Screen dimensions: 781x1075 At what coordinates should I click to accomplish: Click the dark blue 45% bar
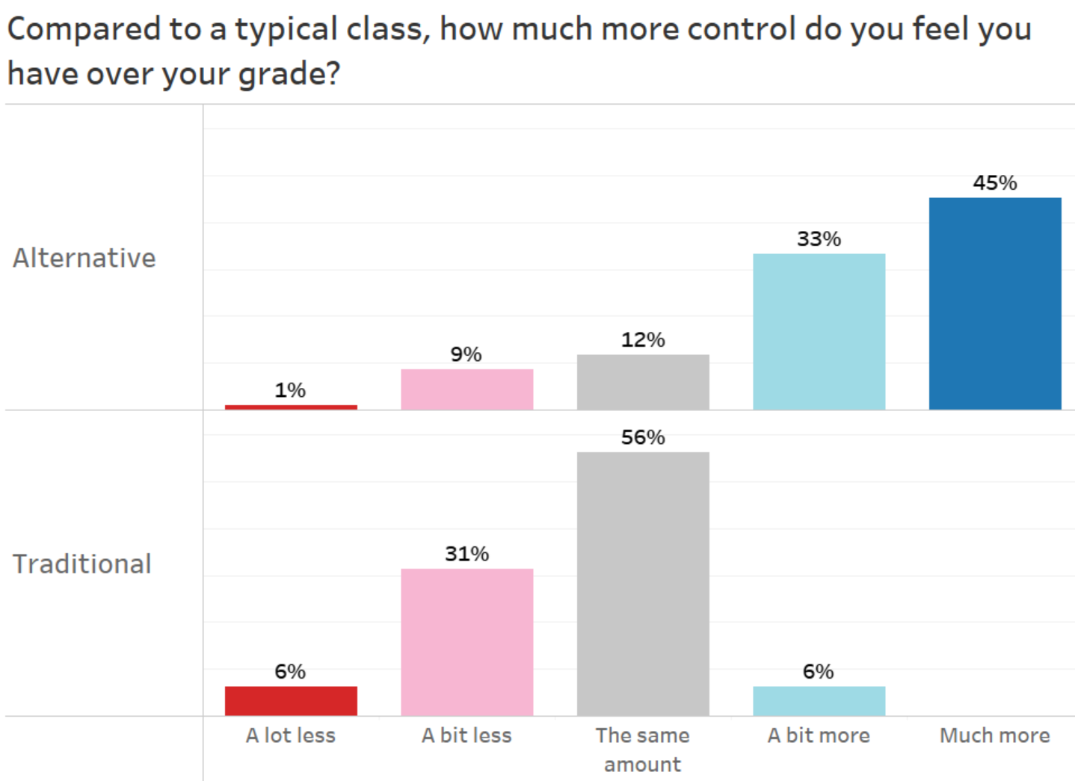point(994,303)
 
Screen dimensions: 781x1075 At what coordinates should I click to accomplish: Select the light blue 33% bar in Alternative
point(819,331)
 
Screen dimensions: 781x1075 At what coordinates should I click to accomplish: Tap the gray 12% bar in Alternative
point(643,382)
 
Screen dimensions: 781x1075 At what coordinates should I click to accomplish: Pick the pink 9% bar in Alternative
point(466,389)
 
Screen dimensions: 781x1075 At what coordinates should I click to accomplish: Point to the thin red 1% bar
point(291,407)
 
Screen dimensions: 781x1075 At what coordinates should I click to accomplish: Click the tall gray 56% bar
point(643,584)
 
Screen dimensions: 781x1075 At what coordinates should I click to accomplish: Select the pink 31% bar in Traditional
point(466,642)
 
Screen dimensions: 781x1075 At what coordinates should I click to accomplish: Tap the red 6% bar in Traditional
point(291,701)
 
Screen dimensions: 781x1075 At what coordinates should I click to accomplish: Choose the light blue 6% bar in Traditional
point(819,701)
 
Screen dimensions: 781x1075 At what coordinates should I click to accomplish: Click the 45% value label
point(994,183)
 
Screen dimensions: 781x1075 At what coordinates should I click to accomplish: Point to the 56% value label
point(643,437)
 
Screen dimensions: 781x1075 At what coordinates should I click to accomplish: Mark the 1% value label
point(290,390)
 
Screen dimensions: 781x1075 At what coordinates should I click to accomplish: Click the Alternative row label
point(84,258)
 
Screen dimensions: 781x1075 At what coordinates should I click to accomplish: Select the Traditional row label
point(82,564)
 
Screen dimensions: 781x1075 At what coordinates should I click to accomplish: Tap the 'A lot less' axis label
point(291,735)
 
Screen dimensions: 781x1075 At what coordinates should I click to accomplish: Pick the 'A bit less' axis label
point(466,735)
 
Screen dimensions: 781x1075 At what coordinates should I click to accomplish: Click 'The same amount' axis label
point(643,750)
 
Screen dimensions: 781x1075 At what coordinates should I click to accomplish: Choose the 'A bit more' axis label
point(819,735)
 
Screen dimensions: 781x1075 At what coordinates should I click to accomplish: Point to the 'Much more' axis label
point(994,735)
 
